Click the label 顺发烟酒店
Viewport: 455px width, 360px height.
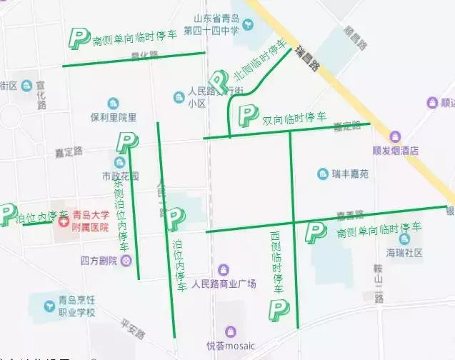(395, 151)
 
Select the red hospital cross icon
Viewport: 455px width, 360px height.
(64, 222)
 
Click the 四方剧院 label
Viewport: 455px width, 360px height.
(99, 261)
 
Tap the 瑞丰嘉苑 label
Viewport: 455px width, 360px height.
(349, 174)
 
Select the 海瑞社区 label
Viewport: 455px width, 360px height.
(404, 252)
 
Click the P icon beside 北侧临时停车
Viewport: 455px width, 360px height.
(218, 82)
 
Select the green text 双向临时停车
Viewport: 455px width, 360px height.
(294, 118)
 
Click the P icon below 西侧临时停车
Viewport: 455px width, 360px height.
(277, 310)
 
